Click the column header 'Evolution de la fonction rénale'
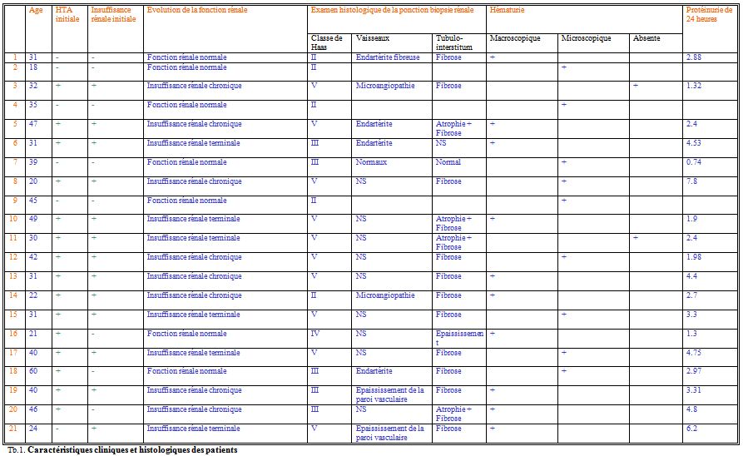click(194, 10)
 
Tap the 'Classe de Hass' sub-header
click(326, 42)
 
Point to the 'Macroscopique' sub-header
click(515, 38)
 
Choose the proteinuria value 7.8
click(693, 181)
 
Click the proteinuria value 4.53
click(695, 142)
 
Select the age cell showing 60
click(33, 371)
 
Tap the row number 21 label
click(12, 428)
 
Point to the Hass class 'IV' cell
click(315, 333)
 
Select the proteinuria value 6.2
click(692, 428)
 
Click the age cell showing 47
click(33, 123)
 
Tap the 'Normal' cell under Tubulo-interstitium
click(448, 162)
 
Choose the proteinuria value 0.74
click(695, 162)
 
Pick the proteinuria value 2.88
click(695, 57)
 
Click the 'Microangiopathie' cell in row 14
click(385, 295)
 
